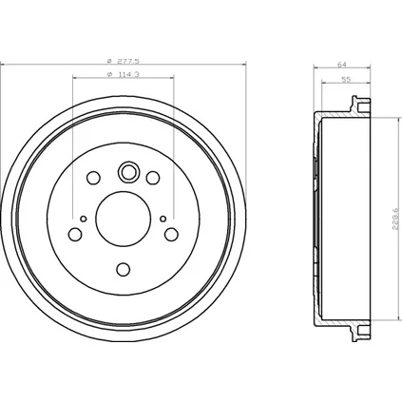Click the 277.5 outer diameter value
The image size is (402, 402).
[x=128, y=61]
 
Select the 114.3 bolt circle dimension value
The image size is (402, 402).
[x=128, y=75]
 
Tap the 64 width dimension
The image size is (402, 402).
[x=342, y=65]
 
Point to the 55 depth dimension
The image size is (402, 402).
[x=347, y=80]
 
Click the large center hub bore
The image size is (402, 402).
[x=124, y=219]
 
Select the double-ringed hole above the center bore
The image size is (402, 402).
[x=128, y=171]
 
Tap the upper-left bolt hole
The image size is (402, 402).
[x=93, y=178]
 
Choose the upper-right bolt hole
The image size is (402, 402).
[x=153, y=178]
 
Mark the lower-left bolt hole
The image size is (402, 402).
[x=75, y=235]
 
